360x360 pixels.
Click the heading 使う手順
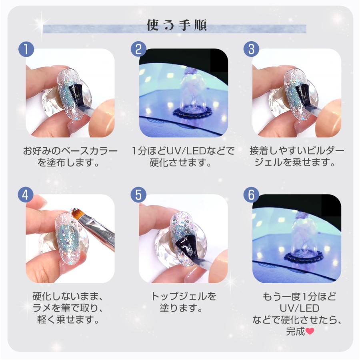(177, 25)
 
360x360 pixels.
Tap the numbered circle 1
(26, 49)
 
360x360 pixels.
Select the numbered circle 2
(139, 49)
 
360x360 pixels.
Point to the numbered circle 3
(252, 49)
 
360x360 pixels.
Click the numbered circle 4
(26, 194)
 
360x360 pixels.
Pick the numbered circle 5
(138, 194)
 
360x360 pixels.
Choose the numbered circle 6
(252, 194)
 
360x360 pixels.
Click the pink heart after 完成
(310, 331)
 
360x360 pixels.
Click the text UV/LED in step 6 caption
(299, 308)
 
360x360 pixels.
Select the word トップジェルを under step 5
(184, 296)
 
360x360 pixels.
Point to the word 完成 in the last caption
(296, 331)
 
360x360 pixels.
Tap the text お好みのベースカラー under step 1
(70, 151)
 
